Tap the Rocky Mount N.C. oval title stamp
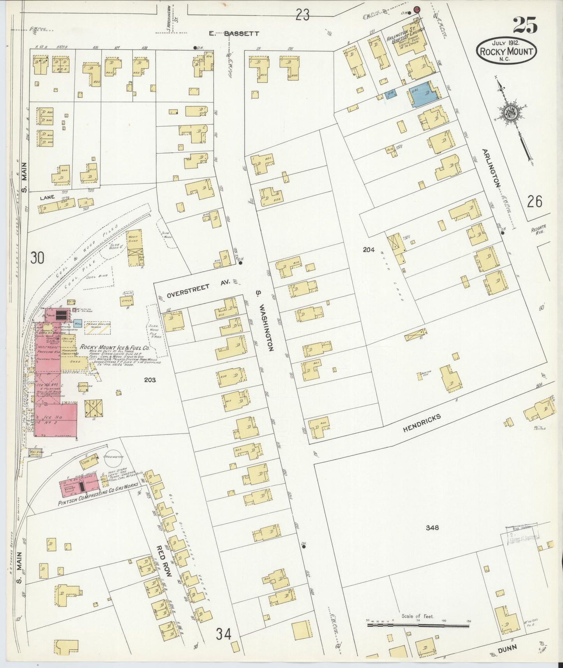pos(506,51)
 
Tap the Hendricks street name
pos(422,422)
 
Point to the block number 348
pos(432,527)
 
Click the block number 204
pos(369,250)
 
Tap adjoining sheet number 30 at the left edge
pos(38,258)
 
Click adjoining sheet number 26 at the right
pos(535,201)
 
